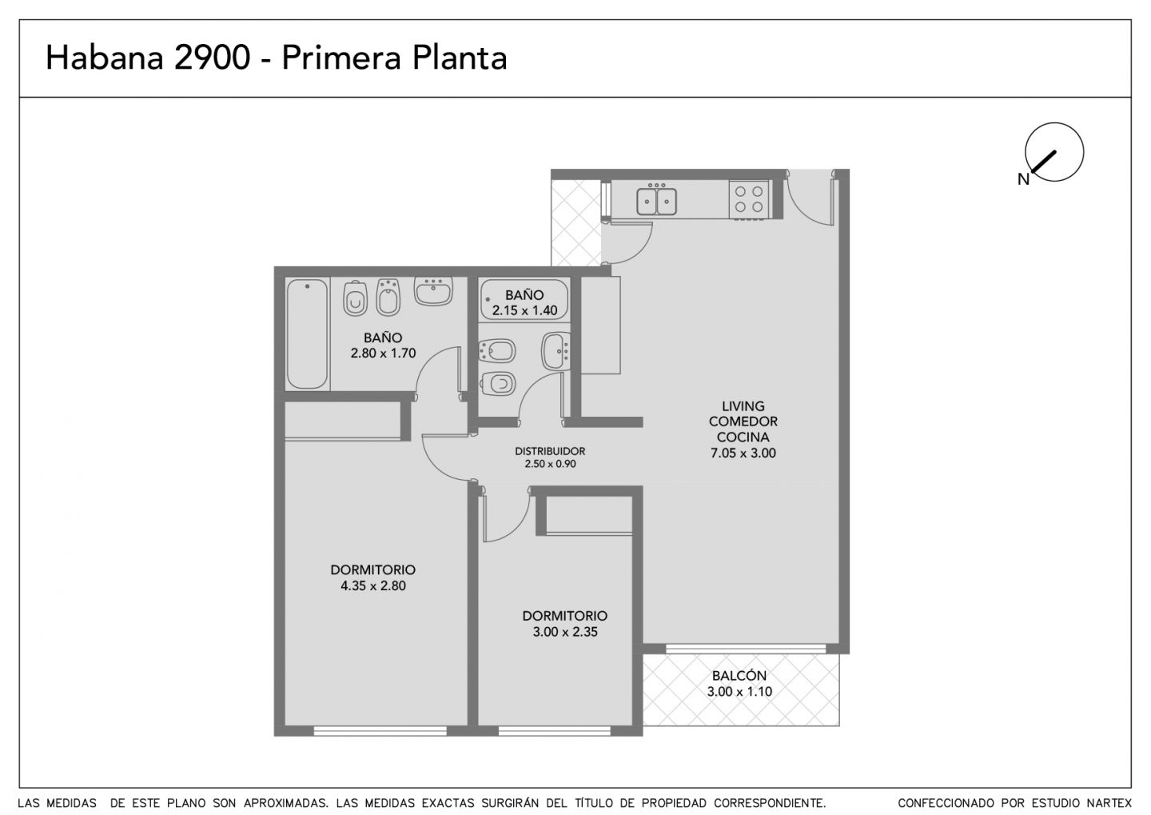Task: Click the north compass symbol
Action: click(1053, 152)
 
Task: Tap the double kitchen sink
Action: click(656, 201)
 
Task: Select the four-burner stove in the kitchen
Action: click(749, 199)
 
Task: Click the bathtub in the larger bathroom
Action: click(307, 334)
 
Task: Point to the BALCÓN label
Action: click(739, 675)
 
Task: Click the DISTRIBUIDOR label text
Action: click(550, 451)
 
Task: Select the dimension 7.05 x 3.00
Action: click(743, 453)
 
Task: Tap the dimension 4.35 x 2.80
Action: click(373, 585)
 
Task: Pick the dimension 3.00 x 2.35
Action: click(565, 632)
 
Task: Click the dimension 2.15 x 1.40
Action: click(524, 310)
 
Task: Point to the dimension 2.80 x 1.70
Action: click(384, 354)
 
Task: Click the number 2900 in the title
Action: click(213, 58)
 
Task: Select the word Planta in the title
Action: click(460, 58)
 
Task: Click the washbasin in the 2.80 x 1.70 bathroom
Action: click(434, 291)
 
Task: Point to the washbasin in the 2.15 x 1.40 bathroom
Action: click(556, 351)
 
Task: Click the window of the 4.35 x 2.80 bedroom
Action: click(380, 731)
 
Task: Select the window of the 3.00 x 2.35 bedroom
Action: click(555, 731)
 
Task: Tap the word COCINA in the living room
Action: click(743, 437)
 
